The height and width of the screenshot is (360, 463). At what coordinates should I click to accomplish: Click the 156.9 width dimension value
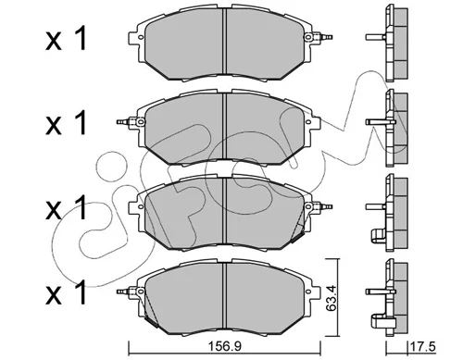tap(225, 347)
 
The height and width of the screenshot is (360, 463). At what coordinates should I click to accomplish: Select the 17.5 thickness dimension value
tap(423, 347)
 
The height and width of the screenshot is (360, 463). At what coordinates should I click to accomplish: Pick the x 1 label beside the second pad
tap(66, 123)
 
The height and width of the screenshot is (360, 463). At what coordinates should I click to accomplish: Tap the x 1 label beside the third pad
tap(66, 208)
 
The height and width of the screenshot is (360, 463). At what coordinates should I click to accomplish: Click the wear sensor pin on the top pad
tap(323, 37)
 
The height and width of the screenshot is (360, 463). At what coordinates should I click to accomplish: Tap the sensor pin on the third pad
tap(323, 206)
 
